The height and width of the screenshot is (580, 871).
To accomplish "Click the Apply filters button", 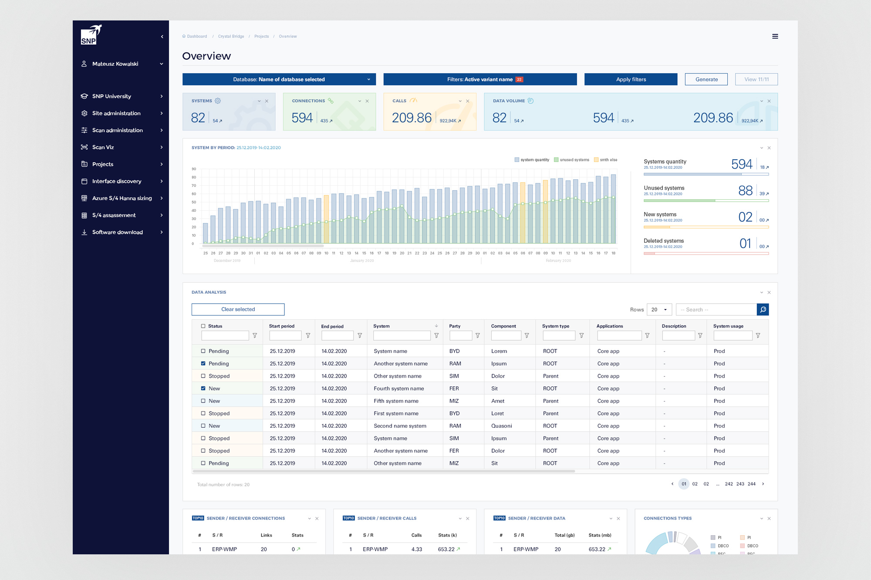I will (631, 79).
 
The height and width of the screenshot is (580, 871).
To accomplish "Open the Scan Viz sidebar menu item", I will (103, 147).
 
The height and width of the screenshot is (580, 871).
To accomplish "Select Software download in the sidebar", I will (117, 232).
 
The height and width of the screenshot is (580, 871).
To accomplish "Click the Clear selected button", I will (238, 309).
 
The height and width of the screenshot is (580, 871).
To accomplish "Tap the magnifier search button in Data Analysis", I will (763, 309).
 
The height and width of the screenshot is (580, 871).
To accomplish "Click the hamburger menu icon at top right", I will (775, 37).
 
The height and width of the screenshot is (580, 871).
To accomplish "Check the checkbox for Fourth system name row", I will (203, 388).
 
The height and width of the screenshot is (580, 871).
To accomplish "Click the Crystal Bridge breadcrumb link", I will (231, 37).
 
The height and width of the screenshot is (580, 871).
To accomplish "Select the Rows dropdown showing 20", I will (659, 309).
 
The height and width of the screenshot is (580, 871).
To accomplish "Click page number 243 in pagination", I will (740, 484).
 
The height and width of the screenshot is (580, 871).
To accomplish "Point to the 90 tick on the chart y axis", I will (194, 169).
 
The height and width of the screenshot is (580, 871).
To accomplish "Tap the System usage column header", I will (728, 326).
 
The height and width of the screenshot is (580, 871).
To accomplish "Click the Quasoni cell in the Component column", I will (501, 426).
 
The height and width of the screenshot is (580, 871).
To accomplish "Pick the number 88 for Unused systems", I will (745, 191).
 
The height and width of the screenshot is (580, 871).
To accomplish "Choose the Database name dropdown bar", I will (279, 79).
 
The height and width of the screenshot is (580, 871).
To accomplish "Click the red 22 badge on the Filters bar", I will (519, 79).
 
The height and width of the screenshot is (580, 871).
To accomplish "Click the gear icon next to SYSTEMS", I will (218, 101).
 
